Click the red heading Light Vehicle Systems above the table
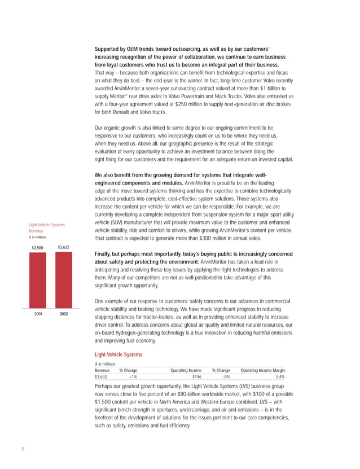118,354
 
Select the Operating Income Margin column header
262,370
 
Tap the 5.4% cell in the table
279,378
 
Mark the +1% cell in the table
132,378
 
